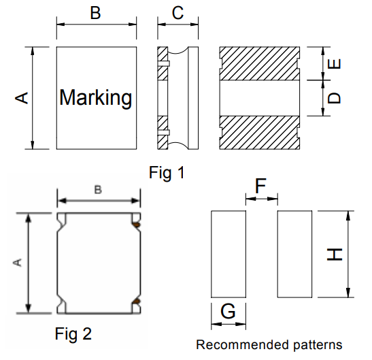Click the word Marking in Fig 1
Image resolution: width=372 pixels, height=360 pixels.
tap(96, 97)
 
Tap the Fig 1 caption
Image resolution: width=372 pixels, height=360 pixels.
tap(167, 172)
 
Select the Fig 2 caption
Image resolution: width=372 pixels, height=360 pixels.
tap(73, 333)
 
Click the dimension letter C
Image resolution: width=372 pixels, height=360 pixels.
tap(177, 13)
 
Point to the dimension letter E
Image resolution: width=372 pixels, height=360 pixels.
tap(334, 64)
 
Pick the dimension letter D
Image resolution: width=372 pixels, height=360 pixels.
tap(334, 98)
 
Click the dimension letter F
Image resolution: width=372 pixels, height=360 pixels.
tap(260, 186)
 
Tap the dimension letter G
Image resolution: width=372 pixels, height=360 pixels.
tap(228, 311)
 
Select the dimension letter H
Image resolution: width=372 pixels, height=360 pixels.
tap(335, 255)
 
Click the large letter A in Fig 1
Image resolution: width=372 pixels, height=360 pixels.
tap(22, 98)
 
